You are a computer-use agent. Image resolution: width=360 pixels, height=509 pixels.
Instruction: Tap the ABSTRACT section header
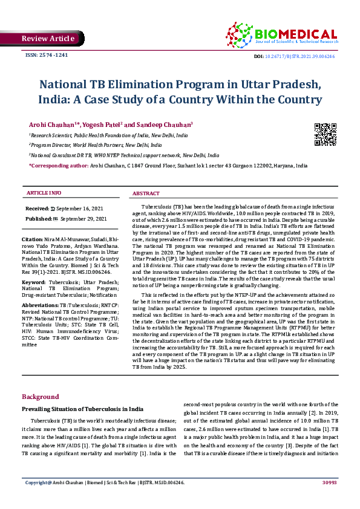pyautogui.click(x=145, y=193)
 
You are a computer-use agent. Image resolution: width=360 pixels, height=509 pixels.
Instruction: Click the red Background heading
pyautogui.click(x=41, y=397)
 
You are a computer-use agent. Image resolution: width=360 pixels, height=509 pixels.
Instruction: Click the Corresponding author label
pyautogui.click(x=59, y=164)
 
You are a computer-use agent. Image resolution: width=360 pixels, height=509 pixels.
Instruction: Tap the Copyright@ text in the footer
pyautogui.click(x=38, y=499)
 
